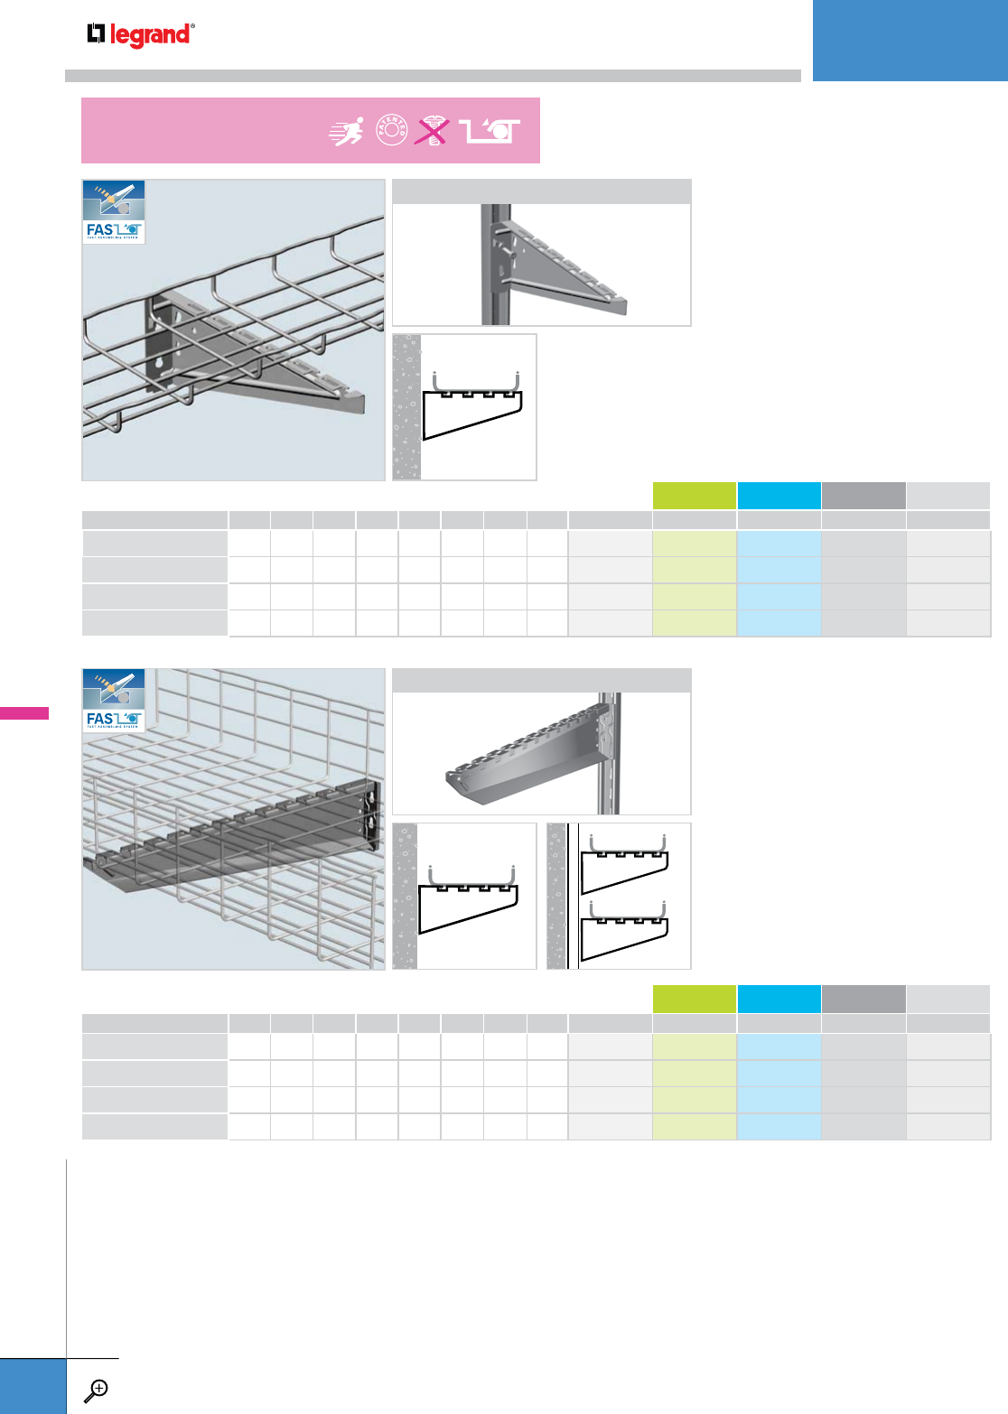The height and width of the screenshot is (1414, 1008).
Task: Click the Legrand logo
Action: [x=140, y=35]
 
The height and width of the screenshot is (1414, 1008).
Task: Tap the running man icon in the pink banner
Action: [x=347, y=132]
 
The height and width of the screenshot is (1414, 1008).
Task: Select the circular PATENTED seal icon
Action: [x=392, y=131]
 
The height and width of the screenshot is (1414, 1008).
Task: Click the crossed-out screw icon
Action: [x=433, y=131]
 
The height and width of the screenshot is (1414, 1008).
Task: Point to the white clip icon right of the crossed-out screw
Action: [x=490, y=132]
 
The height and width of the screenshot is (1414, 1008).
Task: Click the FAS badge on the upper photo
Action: [x=114, y=212]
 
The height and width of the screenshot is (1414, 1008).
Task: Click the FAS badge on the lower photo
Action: [x=114, y=702]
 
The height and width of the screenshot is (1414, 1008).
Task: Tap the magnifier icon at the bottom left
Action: [x=95, y=1391]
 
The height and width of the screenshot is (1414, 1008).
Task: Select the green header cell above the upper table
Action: [x=694, y=496]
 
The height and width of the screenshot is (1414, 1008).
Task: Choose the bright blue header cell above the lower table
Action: [x=779, y=999]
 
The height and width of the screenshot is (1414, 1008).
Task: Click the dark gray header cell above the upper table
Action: [x=863, y=496]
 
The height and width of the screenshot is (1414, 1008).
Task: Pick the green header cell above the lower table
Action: [x=694, y=999]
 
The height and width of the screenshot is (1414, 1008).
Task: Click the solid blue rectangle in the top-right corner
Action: [x=910, y=40]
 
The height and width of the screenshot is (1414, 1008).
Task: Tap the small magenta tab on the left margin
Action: [x=24, y=713]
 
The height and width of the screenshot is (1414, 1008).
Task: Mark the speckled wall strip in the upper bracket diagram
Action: [x=406, y=407]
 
